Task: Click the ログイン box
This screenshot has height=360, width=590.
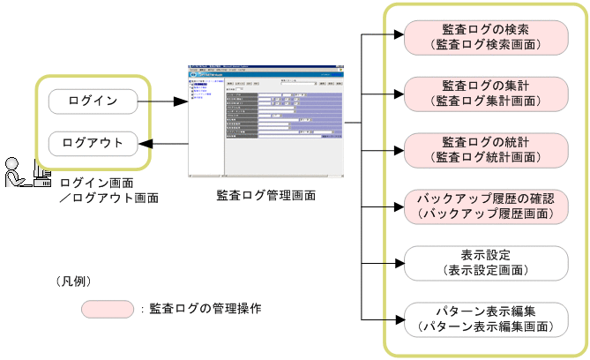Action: (93, 101)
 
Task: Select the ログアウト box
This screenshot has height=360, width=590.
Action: (93, 142)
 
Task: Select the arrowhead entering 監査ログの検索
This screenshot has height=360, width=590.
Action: (396, 35)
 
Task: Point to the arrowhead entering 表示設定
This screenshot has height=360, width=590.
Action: (396, 261)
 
